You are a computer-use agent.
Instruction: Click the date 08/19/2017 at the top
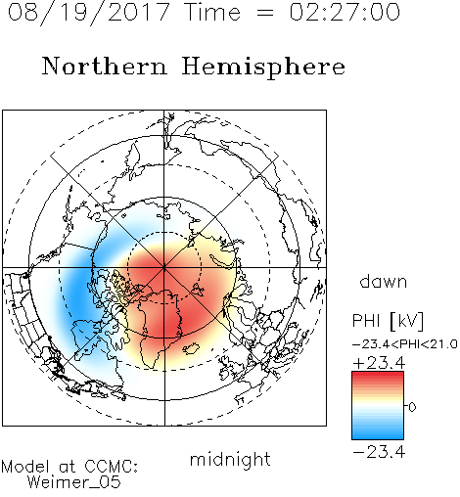[x=89, y=13]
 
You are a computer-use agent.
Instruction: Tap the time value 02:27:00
[x=345, y=12]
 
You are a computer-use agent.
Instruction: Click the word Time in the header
[x=212, y=12]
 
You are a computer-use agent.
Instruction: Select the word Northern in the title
[x=104, y=66]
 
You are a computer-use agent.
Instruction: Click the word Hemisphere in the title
[x=263, y=68]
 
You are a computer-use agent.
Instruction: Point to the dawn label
[x=384, y=281]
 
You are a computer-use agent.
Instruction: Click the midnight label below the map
[x=230, y=459]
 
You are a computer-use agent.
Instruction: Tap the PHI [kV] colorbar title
[x=388, y=321]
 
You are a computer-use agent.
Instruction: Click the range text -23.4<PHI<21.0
[x=405, y=344]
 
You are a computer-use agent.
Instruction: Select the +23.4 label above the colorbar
[x=379, y=363]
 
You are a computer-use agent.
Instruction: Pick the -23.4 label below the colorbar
[x=379, y=452]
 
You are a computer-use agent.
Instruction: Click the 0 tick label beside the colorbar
[x=412, y=407]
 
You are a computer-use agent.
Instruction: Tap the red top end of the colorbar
[x=378, y=374]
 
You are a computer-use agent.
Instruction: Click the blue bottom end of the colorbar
[x=378, y=436]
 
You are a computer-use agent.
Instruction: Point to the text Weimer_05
[x=74, y=482]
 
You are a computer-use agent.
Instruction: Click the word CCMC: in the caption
[x=112, y=467]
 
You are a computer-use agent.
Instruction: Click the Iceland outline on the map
[x=191, y=348]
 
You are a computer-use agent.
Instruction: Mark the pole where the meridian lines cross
[x=164, y=267]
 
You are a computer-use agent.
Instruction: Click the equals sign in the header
[x=265, y=13]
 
